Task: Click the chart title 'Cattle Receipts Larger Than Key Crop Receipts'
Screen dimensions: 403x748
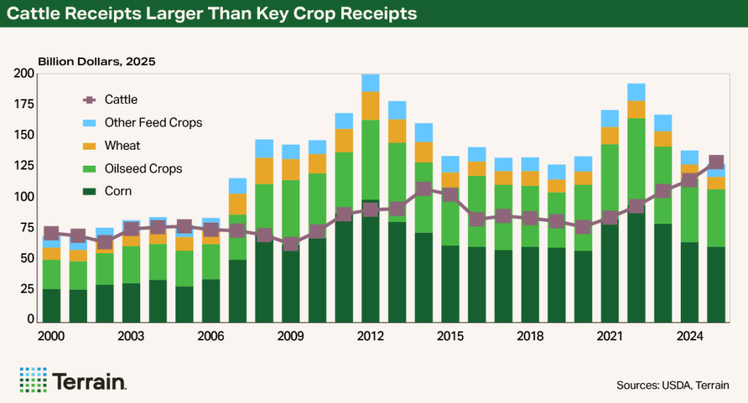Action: tap(213, 14)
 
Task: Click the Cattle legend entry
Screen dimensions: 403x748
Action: tap(121, 99)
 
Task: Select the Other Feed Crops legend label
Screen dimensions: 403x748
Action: tap(153, 123)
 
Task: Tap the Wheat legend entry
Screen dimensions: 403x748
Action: tap(122, 145)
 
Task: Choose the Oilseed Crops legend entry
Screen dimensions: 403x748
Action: tap(143, 169)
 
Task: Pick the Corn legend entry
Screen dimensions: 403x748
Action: tap(118, 192)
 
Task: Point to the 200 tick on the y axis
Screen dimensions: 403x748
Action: tap(24, 74)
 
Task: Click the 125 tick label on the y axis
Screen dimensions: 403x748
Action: tap(24, 166)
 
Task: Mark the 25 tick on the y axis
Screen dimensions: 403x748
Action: tap(27, 289)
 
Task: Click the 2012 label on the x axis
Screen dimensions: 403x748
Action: tap(370, 337)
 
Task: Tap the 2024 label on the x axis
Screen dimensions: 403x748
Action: tap(690, 337)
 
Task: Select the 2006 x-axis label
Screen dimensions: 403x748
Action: tap(210, 337)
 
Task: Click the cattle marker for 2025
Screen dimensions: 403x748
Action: tap(716, 163)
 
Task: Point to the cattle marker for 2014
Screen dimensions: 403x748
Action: tap(424, 188)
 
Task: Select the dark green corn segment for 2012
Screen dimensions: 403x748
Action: tap(370, 263)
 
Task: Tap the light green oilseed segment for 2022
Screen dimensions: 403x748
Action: tap(636, 161)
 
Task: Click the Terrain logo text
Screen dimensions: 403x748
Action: tap(90, 380)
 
